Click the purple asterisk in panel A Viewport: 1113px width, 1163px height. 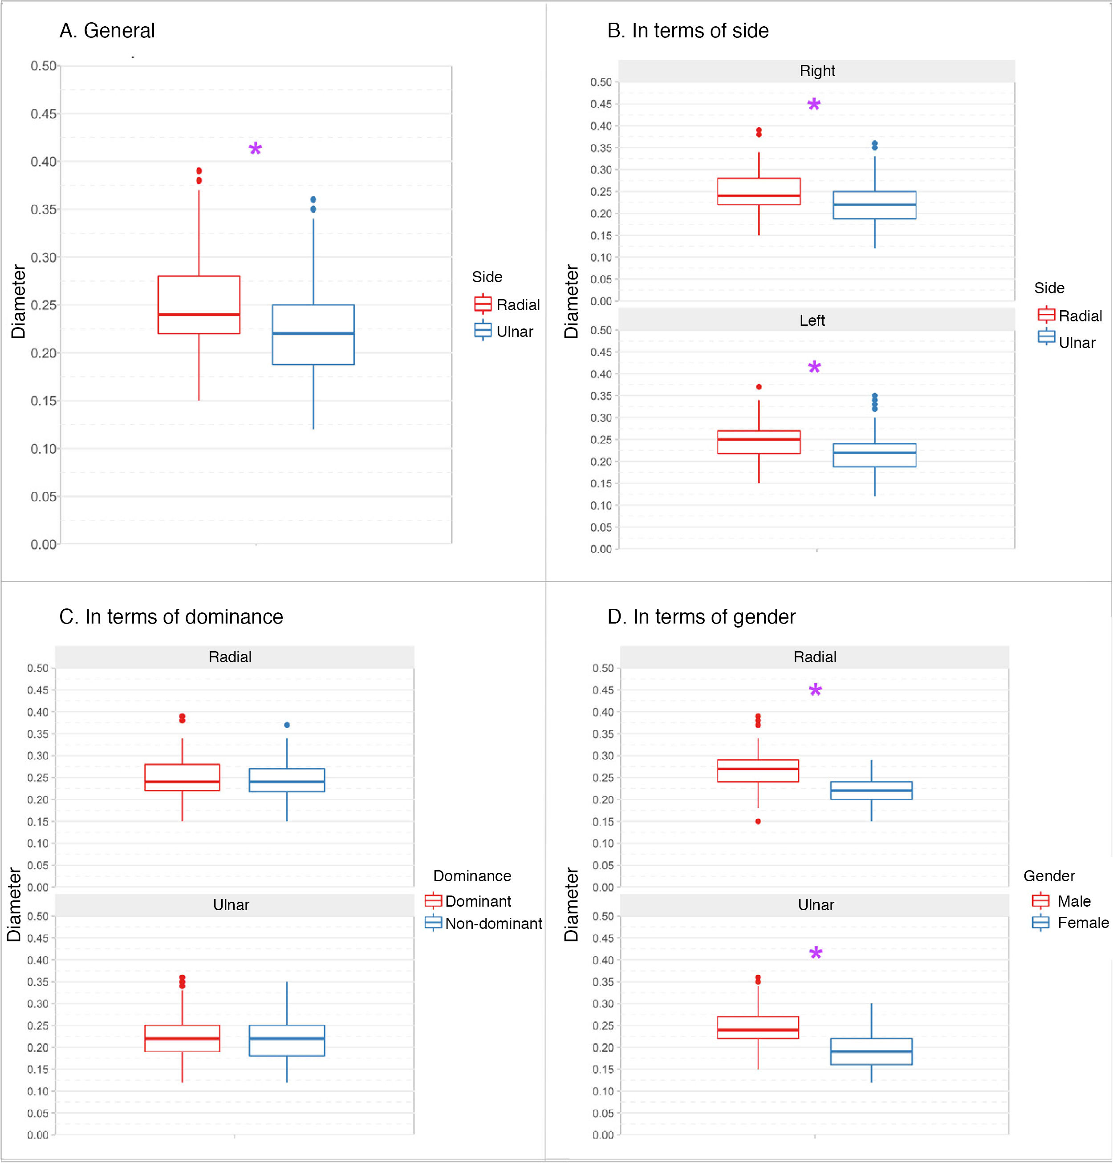point(255,149)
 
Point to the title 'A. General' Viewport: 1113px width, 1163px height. point(107,31)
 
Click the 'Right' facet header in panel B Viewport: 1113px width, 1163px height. point(817,71)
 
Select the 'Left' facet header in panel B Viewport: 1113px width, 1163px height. point(812,321)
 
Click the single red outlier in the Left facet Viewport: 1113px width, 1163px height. point(759,387)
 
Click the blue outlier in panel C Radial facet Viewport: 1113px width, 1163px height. point(287,725)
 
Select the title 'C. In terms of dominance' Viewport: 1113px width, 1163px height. point(171,617)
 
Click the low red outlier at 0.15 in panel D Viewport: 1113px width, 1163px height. point(758,821)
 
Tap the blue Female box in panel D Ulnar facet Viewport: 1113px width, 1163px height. point(871,1051)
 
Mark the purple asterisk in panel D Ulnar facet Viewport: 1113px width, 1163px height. point(816,954)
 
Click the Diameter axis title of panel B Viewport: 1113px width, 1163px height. point(571,301)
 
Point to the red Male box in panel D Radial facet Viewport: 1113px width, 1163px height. point(758,771)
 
